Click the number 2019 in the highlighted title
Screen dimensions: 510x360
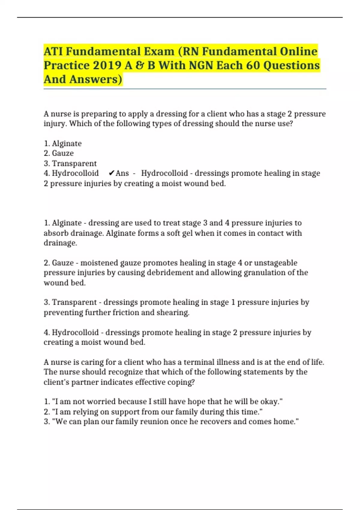point(106,65)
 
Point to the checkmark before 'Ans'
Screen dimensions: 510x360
point(111,173)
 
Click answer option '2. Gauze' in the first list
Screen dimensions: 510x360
point(59,153)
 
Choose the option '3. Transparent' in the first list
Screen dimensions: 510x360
point(70,163)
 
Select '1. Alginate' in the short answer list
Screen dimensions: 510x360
point(63,143)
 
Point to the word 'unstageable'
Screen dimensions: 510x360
point(276,263)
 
